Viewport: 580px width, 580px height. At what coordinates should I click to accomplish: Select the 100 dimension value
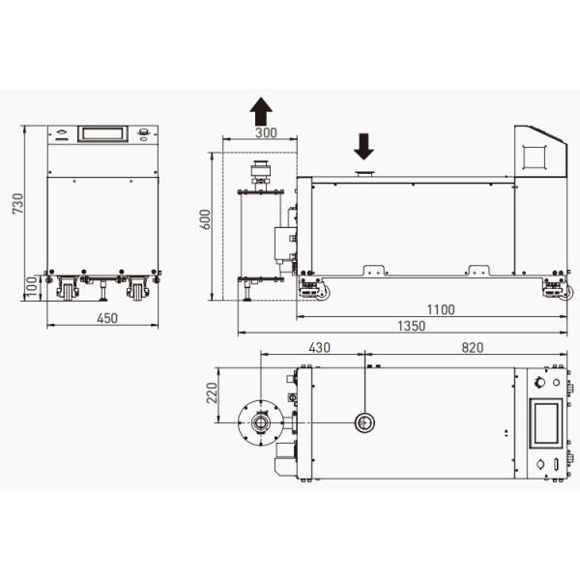point(31,286)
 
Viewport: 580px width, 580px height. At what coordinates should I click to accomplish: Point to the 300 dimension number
point(264,132)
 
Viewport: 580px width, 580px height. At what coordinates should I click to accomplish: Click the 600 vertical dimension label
point(204,220)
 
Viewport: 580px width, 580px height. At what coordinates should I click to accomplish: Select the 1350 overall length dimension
point(411,327)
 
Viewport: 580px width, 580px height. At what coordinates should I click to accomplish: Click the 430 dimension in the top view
point(319,347)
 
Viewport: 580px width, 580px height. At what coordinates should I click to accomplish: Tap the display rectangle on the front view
point(102,132)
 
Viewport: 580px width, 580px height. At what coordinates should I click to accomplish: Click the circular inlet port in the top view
point(366,420)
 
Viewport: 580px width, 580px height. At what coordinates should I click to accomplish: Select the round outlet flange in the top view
point(261,421)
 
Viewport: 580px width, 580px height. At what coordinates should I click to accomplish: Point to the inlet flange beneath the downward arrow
point(364,174)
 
